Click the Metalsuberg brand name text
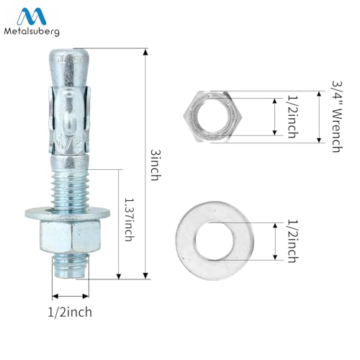(x=32, y=31)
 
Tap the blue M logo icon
(x=32, y=16)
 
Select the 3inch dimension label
(x=156, y=165)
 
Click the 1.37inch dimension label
(x=129, y=220)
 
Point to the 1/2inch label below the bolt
(x=70, y=312)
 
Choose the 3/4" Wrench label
(x=336, y=117)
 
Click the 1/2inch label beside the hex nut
(x=293, y=117)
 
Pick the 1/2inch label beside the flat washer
(x=293, y=241)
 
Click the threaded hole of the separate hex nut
(x=212, y=117)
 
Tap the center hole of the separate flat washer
(x=214, y=241)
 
